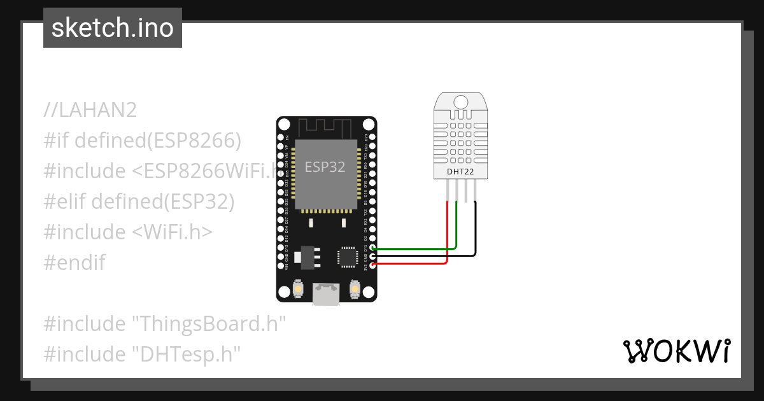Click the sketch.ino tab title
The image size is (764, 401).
pos(113,28)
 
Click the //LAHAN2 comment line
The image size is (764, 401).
pos(90,110)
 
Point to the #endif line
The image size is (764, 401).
pos(74,262)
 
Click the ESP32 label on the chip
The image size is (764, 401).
pos(325,167)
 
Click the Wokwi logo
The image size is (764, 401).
pos(677,351)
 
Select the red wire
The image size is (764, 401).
pos(448,242)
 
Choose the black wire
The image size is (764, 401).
pos(474,236)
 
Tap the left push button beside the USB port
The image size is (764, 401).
pos(298,290)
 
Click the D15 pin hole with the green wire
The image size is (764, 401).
pos(372,248)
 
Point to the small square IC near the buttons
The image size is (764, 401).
pos(348,257)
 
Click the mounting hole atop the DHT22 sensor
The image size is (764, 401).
pos(460,101)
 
